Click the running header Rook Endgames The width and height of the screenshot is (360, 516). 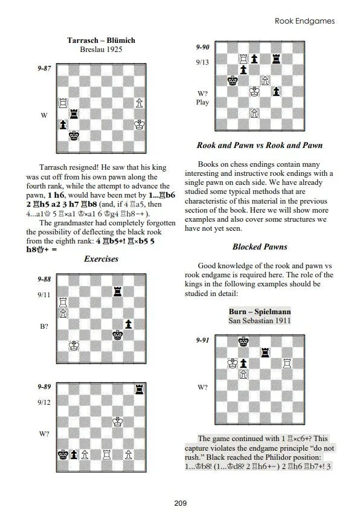pyautogui.click(x=304, y=21)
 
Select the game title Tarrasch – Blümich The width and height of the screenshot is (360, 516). pyautogui.click(x=101, y=40)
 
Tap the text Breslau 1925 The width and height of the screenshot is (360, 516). pyautogui.click(x=101, y=50)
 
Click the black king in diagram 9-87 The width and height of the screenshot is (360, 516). pyautogui.click(x=73, y=135)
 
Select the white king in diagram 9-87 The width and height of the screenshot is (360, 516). pyautogui.click(x=139, y=124)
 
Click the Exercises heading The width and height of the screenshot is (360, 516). pyautogui.click(x=101, y=259)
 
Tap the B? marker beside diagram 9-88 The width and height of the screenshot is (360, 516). pyautogui.click(x=44, y=326)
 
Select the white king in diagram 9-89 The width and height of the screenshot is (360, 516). pyautogui.click(x=117, y=422)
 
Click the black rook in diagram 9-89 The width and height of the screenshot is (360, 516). pyautogui.click(x=140, y=389)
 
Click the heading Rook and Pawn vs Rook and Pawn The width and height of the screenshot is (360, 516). pyautogui.click(x=260, y=146)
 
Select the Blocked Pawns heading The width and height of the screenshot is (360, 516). pyautogui.click(x=260, y=247)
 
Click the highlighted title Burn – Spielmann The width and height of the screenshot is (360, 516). pyautogui.click(x=260, y=311)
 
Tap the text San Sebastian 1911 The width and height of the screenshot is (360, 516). pyautogui.click(x=260, y=321)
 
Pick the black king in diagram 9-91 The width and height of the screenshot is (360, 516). pyautogui.click(x=243, y=341)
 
